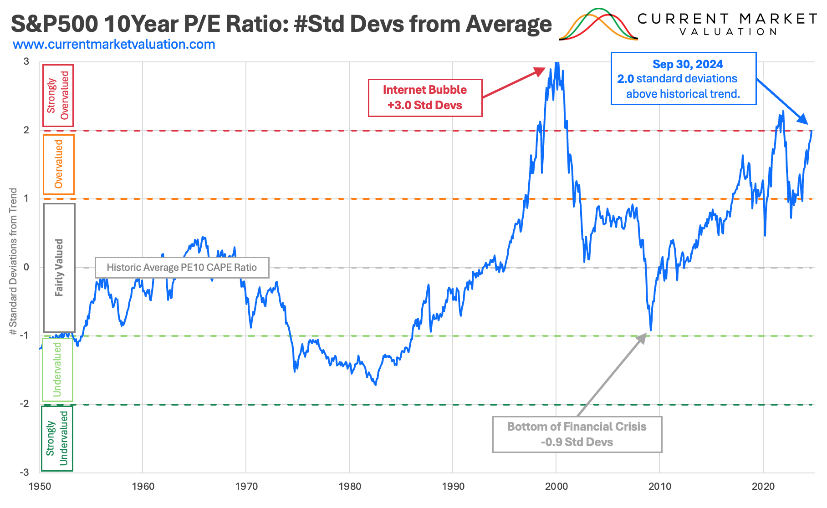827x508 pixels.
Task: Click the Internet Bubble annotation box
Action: tap(425, 97)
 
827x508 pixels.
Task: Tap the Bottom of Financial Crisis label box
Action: tap(577, 434)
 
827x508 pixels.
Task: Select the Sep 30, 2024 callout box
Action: tap(683, 79)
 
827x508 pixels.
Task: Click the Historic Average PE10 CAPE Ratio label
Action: tap(182, 267)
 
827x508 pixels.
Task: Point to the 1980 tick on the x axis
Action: tap(350, 486)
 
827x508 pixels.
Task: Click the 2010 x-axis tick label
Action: tap(659, 486)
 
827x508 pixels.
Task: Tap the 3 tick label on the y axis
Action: tap(26, 61)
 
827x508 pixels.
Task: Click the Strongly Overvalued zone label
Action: tap(58, 95)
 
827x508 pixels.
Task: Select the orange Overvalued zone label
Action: tap(58, 164)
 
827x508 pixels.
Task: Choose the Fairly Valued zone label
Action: tap(59, 267)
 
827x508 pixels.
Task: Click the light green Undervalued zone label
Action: tap(57, 369)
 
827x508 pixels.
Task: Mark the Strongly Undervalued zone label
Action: tap(57, 438)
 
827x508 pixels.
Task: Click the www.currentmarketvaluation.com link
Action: tap(114, 45)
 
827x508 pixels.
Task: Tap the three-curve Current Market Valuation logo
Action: tap(598, 25)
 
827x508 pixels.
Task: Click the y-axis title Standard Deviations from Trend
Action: tap(13, 261)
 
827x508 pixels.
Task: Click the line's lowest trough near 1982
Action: tap(376, 385)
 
